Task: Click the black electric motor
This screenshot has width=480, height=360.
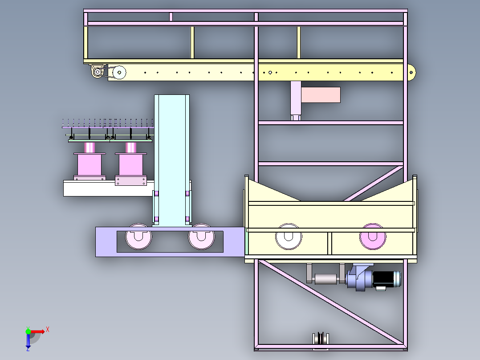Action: pos(386,279)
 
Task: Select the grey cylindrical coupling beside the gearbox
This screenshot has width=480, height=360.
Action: pos(326,279)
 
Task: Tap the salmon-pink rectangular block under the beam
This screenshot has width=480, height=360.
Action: pos(321,94)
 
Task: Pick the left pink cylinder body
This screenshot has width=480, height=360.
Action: pos(89,165)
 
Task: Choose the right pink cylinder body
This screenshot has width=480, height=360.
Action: pos(131,165)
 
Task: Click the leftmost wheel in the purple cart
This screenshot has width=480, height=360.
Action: pos(138,237)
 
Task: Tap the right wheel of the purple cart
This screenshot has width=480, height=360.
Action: pos(201,237)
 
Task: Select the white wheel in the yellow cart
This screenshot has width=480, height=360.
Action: pos(289,237)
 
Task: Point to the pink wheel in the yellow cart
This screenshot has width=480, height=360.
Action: pos(373,237)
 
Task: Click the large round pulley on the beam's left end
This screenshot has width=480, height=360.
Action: pos(119,73)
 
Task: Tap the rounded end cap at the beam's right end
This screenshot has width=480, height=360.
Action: pos(412,73)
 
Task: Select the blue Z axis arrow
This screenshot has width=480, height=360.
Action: pos(28,341)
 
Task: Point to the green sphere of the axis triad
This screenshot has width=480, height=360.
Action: pos(28,331)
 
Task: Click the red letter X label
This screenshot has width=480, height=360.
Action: pos(48,330)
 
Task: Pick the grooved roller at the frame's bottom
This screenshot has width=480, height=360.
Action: pos(321,339)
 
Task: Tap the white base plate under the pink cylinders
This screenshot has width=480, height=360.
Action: pos(109,188)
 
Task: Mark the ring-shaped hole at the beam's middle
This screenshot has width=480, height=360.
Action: pos(270,73)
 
